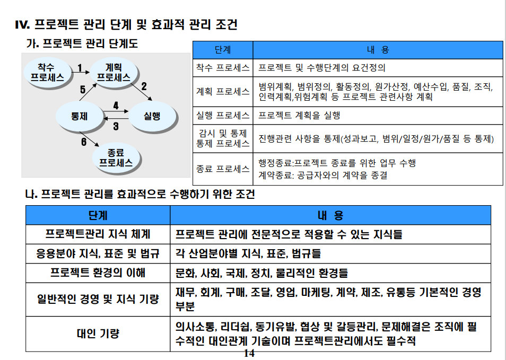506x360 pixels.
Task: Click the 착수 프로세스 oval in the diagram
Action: coord(47,73)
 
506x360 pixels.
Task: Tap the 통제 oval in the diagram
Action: coord(80,116)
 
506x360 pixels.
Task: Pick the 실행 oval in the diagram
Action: coord(152,116)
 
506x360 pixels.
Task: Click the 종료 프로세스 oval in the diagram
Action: coord(116,158)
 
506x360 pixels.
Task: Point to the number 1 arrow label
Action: coord(80,67)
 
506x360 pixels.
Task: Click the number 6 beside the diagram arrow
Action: coord(84,142)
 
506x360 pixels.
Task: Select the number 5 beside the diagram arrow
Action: coord(83,90)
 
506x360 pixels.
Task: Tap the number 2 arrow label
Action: coord(144,85)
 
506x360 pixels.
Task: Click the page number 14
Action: coord(249,353)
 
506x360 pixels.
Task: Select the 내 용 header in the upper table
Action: coord(378,50)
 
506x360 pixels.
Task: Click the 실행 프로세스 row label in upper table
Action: coord(223,115)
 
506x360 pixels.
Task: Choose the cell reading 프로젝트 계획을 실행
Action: coord(300,115)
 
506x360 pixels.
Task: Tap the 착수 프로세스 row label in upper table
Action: coord(223,68)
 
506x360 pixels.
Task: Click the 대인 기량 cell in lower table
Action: coord(98,333)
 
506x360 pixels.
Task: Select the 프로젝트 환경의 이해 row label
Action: coord(98,274)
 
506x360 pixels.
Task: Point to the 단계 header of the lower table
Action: coord(98,215)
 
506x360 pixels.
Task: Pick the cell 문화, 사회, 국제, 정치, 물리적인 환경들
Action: coord(262,274)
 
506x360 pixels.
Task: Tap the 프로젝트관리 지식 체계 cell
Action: coord(98,234)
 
